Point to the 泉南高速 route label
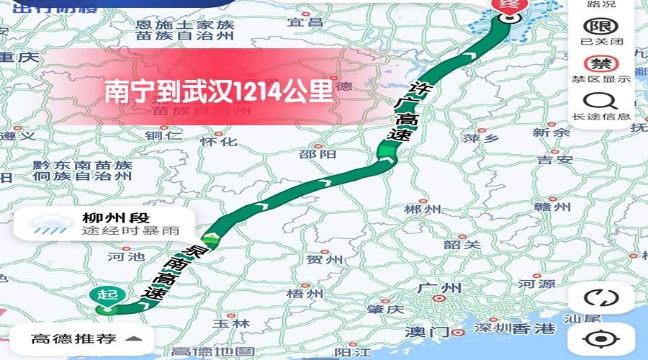(171, 272)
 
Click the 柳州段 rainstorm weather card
(104, 224)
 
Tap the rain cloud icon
(50, 225)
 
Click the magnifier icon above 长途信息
(601, 101)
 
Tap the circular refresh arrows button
(601, 297)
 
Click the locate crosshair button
(601, 338)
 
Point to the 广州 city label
(438, 288)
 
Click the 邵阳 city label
(318, 154)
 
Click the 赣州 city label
(553, 207)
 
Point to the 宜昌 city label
(305, 22)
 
